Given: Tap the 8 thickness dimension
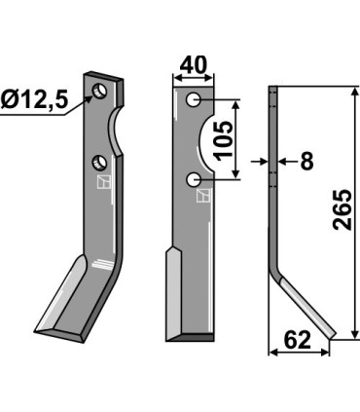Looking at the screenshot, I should (x=306, y=162).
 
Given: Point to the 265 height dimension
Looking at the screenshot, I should (x=342, y=208).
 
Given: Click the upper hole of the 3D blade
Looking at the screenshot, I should (x=99, y=92).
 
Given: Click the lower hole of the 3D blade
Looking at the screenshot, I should (x=98, y=161).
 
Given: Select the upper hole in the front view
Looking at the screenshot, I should (x=196, y=100).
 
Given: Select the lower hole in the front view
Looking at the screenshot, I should (x=196, y=179).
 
